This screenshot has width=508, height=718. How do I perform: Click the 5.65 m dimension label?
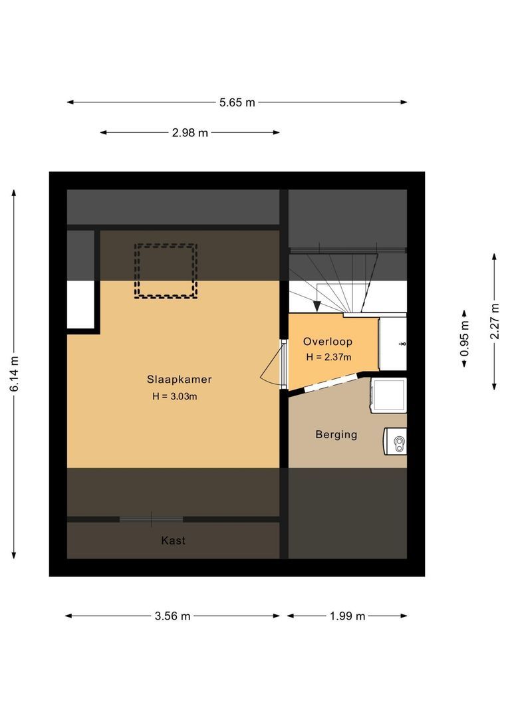(x=237, y=102)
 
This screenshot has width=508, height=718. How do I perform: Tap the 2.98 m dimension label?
(x=190, y=133)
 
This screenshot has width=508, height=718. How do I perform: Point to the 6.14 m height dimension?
(x=15, y=374)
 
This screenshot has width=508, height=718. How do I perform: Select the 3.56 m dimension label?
(x=172, y=616)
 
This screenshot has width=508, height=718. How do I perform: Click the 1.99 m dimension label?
(x=347, y=616)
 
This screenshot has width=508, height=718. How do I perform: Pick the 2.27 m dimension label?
(x=494, y=321)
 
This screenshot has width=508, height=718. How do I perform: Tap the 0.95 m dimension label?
(x=465, y=338)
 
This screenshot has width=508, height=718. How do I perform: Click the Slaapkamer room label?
(x=179, y=379)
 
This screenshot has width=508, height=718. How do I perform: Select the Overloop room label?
(x=328, y=342)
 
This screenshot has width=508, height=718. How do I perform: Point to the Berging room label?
(x=336, y=434)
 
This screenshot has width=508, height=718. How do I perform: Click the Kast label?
(x=173, y=540)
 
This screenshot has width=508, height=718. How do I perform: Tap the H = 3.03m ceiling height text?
(x=174, y=396)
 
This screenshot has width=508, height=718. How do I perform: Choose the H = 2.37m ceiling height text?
(x=328, y=357)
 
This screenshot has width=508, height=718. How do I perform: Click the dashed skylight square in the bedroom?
(x=166, y=245)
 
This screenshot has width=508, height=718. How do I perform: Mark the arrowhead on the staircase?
(x=317, y=306)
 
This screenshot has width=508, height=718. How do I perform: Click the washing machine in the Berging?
(x=388, y=395)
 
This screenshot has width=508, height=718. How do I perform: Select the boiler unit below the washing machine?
(x=395, y=442)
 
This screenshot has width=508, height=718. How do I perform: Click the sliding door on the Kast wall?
(x=151, y=519)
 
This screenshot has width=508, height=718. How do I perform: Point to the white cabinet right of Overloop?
(x=392, y=344)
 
